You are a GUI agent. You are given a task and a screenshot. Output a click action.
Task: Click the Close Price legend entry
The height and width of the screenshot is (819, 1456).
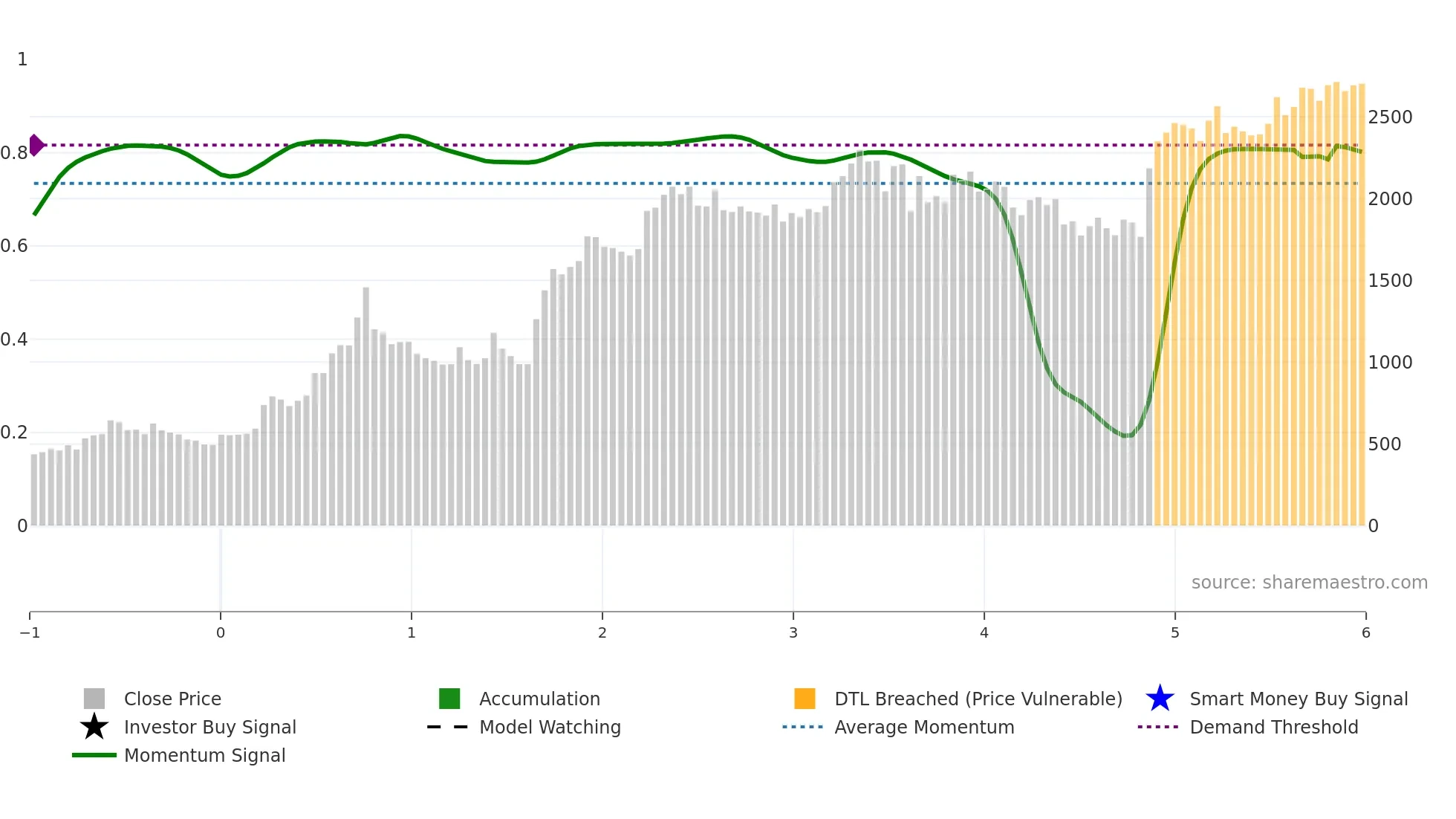pos(172,699)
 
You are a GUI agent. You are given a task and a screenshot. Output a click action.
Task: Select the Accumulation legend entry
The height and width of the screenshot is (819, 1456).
pos(539,699)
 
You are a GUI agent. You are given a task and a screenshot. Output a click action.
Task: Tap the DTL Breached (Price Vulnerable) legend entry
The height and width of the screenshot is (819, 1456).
pos(977,699)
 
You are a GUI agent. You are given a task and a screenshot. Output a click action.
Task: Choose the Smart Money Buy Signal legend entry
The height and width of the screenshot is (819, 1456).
pos(1298,699)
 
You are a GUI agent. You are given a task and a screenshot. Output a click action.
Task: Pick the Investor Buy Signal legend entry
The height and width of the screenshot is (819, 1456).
pos(209,727)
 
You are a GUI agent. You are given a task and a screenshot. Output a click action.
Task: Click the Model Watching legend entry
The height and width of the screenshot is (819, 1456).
pos(549,727)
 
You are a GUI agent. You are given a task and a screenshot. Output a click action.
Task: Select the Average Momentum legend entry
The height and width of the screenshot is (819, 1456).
pos(923,727)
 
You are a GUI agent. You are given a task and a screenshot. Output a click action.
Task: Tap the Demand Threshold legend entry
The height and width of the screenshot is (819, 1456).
pos(1273,727)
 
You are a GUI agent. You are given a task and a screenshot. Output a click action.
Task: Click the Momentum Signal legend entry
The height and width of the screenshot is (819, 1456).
pos(204,755)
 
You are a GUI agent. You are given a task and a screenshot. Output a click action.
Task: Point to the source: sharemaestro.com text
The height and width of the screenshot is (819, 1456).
pos(1309,582)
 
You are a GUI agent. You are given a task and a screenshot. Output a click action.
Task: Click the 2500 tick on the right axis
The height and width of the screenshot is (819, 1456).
pos(1390,117)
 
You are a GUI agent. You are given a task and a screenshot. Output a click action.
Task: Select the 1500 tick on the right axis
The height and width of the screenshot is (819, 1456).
pos(1390,281)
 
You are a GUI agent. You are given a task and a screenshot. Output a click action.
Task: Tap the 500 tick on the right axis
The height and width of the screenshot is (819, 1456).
pos(1385,444)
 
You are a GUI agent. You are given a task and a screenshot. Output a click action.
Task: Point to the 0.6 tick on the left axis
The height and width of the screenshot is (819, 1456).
pos(14,246)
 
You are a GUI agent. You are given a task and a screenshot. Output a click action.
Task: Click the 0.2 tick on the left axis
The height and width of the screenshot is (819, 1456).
pos(14,433)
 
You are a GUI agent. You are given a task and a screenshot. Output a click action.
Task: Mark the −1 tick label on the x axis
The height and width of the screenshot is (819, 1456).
pos(30,632)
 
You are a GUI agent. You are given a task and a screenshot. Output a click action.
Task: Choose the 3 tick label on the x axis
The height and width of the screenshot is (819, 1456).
pos(793,632)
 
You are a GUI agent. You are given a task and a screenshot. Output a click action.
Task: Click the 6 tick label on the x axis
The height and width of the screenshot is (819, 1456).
pos(1365,632)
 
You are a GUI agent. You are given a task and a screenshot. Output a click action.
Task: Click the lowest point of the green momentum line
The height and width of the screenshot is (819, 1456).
pos(1127,436)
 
